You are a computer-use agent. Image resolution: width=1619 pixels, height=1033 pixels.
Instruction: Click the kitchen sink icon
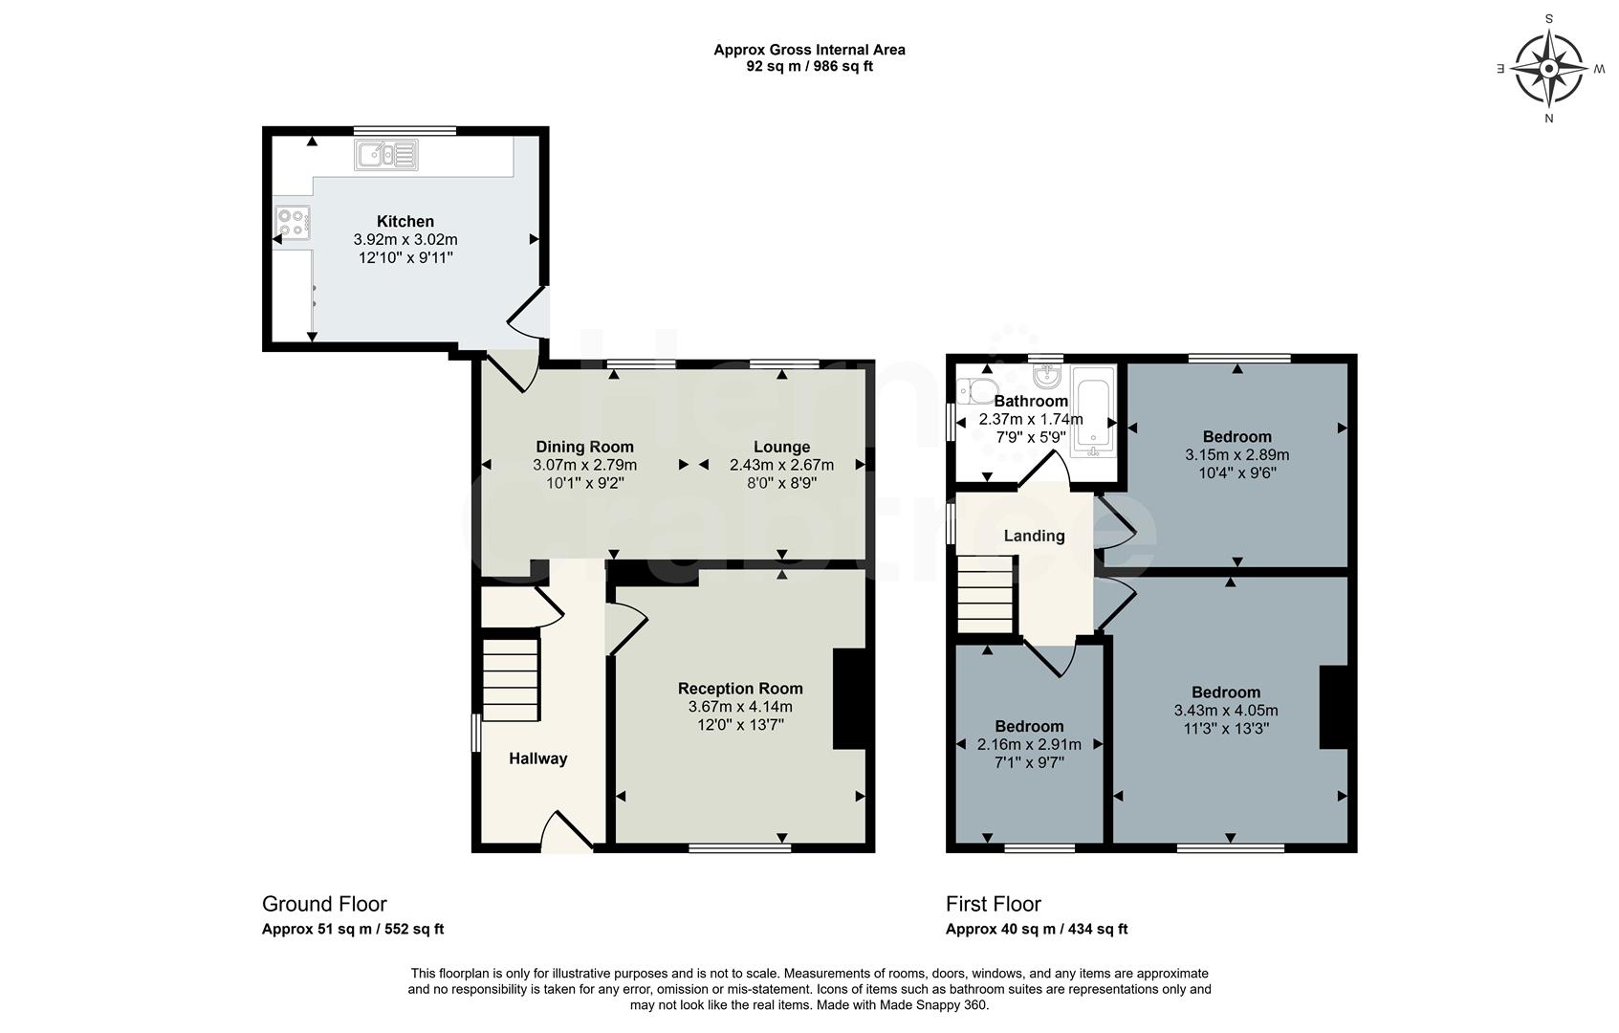pyautogui.click(x=386, y=154)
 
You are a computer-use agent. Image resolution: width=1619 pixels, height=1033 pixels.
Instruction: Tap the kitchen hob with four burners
pyautogui.click(x=292, y=223)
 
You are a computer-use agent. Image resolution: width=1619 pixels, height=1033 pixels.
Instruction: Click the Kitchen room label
pyautogui.click(x=405, y=222)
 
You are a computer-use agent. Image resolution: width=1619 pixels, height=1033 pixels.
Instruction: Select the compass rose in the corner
pyautogui.click(x=1548, y=68)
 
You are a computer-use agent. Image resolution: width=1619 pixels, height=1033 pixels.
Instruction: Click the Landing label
pyautogui.click(x=1034, y=536)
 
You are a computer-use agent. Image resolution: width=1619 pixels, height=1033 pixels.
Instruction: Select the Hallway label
pyautogui.click(x=537, y=758)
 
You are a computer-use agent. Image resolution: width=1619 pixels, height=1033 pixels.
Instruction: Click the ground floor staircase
pyautogui.click(x=510, y=679)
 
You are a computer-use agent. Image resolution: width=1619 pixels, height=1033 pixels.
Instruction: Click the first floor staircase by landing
pyautogui.click(x=985, y=595)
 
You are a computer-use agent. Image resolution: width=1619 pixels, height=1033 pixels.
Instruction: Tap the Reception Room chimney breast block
pyautogui.click(x=849, y=698)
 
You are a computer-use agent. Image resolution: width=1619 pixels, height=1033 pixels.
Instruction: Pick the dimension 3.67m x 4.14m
pyautogui.click(x=740, y=707)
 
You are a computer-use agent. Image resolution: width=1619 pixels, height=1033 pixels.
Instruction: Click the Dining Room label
pyautogui.click(x=584, y=447)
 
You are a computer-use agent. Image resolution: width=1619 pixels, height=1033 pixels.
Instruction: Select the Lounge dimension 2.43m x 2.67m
pyautogui.click(x=781, y=465)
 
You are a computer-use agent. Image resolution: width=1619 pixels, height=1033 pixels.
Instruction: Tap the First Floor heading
pyautogui.click(x=993, y=904)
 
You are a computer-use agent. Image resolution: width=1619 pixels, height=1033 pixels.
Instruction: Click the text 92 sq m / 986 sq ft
pyautogui.click(x=809, y=66)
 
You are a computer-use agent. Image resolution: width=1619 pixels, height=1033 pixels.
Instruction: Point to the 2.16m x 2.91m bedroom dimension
pyautogui.click(x=1029, y=744)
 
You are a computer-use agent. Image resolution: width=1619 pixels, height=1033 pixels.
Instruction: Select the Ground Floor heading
pyautogui.click(x=324, y=904)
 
